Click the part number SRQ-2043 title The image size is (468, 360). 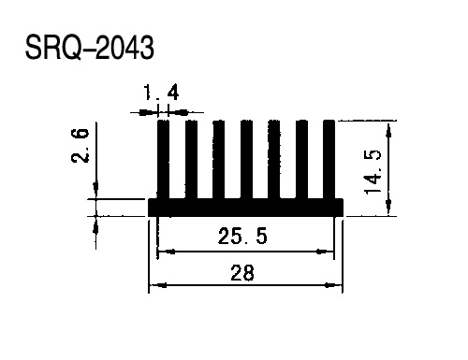(90, 47)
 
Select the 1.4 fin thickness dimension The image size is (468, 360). (161, 93)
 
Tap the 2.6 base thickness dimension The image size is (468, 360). (80, 145)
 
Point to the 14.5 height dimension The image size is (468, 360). (373, 172)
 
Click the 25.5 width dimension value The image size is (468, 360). (242, 236)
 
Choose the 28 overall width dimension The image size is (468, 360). (242, 272)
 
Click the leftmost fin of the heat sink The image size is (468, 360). (164, 159)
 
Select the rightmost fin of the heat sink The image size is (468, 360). (329, 159)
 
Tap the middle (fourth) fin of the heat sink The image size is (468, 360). (246, 159)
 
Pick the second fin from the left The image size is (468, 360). (191, 159)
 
